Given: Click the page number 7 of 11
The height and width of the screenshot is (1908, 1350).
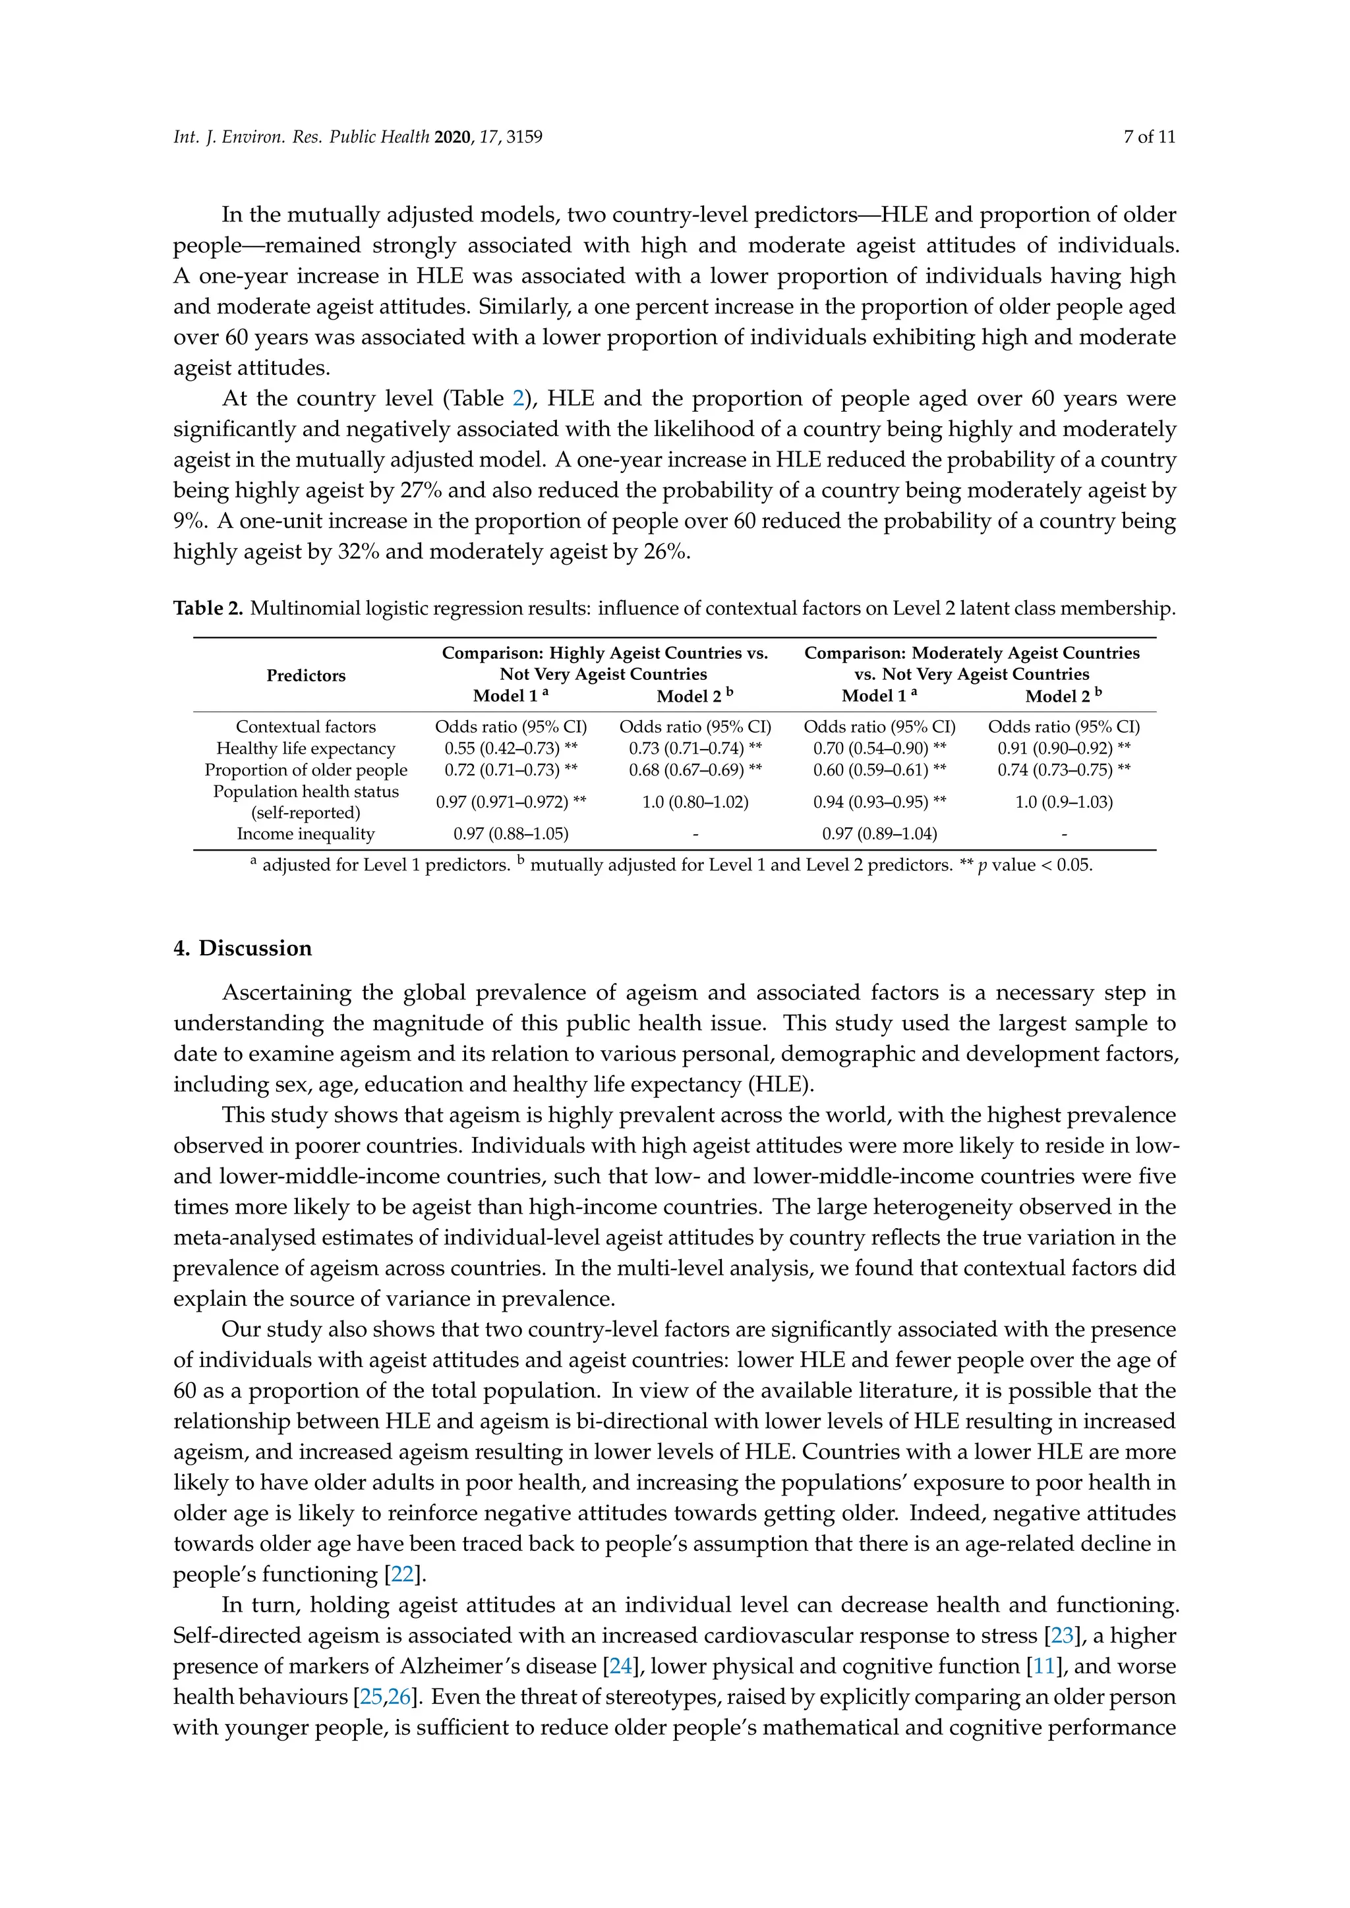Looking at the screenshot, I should [x=1149, y=137].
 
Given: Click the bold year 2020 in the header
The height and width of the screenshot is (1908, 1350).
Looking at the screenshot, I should [x=452, y=137].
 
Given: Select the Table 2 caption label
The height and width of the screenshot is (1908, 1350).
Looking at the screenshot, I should [x=208, y=608].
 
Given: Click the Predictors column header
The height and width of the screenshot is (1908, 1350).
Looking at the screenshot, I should [x=306, y=675].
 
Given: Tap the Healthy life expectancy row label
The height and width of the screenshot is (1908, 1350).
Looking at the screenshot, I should [x=306, y=748].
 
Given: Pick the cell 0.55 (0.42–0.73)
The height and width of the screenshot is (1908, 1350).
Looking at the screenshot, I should [x=510, y=748].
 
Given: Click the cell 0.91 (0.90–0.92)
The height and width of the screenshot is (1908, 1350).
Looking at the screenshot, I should [x=1063, y=748].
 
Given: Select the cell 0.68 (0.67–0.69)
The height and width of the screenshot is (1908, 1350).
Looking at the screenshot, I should [x=695, y=770].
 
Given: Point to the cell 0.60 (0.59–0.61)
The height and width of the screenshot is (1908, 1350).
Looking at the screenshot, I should [x=879, y=770].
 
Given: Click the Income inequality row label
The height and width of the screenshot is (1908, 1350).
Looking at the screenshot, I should [x=306, y=834].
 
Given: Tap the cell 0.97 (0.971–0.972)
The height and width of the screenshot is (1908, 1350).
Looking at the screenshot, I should [x=510, y=802].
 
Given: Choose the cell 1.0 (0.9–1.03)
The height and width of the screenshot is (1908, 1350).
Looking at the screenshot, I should [x=1063, y=802].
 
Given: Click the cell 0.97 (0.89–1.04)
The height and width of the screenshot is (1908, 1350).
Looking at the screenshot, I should [x=879, y=834].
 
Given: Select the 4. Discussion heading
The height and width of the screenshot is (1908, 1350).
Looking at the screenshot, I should [x=243, y=948].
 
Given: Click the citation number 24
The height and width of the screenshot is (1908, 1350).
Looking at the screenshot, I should [x=620, y=1667].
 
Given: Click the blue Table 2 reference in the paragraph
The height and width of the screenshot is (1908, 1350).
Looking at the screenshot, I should [x=519, y=399].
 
